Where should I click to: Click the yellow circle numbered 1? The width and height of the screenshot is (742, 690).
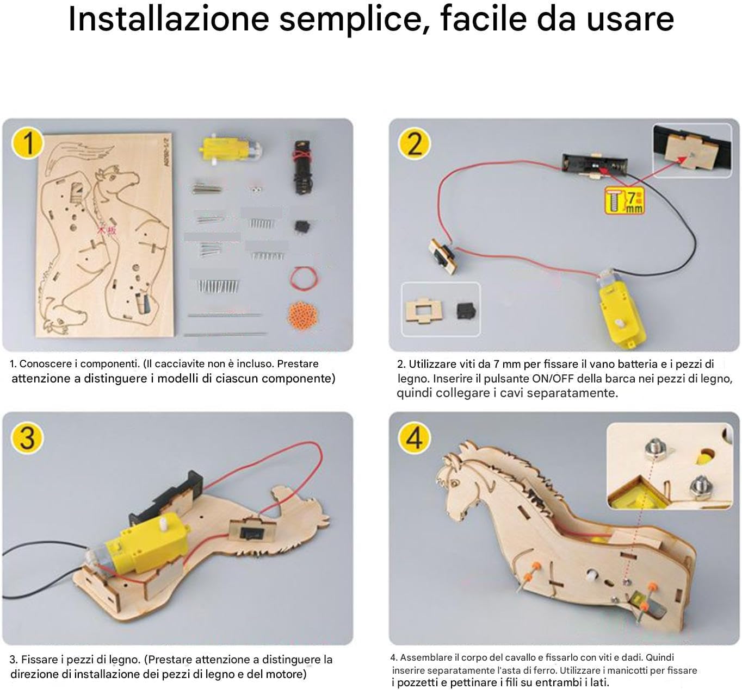pyautogui.click(x=27, y=143)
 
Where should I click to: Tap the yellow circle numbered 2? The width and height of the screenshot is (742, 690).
pyautogui.click(x=414, y=143)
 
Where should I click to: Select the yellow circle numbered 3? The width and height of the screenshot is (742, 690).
pyautogui.click(x=27, y=438)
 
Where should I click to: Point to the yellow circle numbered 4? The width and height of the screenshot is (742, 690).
pyautogui.click(x=414, y=438)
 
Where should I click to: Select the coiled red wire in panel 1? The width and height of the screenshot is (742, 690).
pyautogui.click(x=304, y=278)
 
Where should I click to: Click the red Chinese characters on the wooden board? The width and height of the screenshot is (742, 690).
pyautogui.click(x=107, y=230)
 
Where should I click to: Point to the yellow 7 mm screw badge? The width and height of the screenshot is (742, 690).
pyautogui.click(x=624, y=201)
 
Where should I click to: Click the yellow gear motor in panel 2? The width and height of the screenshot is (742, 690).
pyautogui.click(x=616, y=309)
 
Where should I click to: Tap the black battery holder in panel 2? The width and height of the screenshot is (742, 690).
pyautogui.click(x=595, y=164)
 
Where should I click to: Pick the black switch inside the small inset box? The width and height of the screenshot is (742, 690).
pyautogui.click(x=466, y=310)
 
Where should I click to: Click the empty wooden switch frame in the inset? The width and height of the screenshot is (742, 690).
pyautogui.click(x=424, y=310)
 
